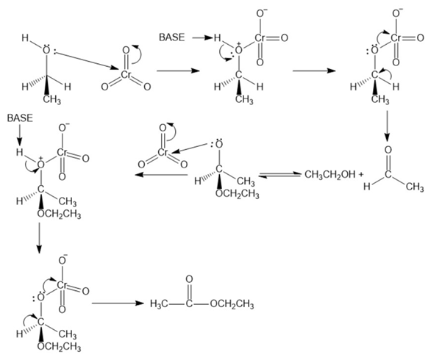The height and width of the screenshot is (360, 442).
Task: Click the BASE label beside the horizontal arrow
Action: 171,37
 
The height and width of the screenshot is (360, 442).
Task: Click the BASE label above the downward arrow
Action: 20,118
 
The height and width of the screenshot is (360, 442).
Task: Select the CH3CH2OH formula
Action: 330,175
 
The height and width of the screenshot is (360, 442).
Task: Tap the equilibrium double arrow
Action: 279,175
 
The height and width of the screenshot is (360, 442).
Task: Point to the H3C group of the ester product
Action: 160,304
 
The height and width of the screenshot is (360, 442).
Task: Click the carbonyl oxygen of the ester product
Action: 189,279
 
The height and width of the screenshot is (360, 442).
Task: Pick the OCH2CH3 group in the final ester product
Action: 232,304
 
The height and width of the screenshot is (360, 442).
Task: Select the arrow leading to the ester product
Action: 118,303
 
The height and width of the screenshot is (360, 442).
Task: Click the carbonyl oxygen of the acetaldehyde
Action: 388,150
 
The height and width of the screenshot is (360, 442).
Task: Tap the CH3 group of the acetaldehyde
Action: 415,187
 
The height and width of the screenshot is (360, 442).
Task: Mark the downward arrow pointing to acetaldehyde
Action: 388,126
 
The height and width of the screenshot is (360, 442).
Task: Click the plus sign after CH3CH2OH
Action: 361,175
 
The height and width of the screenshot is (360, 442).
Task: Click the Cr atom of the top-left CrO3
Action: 126,74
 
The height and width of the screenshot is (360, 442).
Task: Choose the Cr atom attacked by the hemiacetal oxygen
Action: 163,153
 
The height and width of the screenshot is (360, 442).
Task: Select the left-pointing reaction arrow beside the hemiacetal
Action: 161,175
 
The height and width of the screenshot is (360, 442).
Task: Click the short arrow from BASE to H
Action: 202,37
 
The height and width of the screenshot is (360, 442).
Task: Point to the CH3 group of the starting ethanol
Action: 52,100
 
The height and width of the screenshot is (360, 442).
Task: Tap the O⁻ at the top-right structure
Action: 397,13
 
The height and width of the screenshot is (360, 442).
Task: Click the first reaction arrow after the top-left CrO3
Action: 178,71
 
